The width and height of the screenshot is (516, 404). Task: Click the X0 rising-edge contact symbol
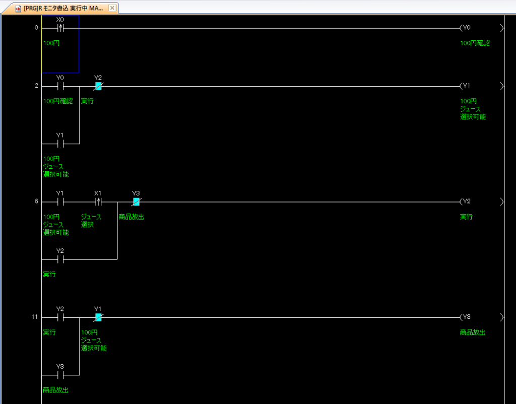[60, 28]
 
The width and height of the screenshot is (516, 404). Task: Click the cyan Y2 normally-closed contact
[98, 86]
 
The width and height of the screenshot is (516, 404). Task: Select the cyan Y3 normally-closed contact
[136, 201]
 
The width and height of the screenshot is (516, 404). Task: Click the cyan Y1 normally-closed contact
[98, 317]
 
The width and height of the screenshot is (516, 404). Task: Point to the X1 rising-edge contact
[98, 201]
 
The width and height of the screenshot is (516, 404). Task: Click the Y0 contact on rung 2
[60, 86]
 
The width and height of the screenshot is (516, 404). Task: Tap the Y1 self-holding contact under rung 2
[60, 144]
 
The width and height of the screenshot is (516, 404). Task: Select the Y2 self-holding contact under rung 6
[60, 259]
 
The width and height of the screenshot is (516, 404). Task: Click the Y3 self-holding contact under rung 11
[60, 375]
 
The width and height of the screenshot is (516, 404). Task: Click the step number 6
[36, 201]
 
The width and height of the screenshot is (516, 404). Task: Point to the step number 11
[35, 317]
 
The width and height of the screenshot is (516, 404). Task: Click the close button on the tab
[112, 8]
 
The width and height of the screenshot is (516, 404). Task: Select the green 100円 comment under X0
[51, 43]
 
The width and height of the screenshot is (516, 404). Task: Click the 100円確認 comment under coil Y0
[475, 43]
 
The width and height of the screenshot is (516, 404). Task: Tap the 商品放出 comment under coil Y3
[473, 332]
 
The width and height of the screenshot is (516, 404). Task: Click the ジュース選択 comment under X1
[91, 221]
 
